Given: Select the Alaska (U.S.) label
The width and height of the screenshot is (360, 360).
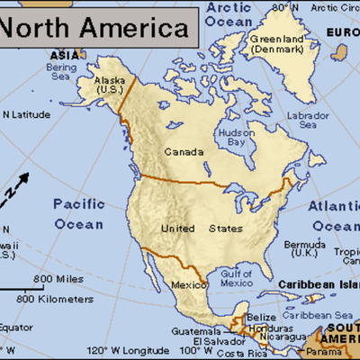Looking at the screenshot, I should coord(110,85).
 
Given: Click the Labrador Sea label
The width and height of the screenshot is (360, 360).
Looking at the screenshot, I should coord(308,121).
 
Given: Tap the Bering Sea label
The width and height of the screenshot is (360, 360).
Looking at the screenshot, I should coord(61,71).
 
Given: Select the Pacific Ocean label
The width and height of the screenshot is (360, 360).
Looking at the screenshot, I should coord(79,213).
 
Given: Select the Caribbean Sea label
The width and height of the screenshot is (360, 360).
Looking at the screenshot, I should coord(317,316).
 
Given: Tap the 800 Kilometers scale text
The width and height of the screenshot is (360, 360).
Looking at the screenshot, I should coord(54,298).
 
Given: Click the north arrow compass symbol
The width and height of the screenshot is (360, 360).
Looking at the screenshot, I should coord(15,188).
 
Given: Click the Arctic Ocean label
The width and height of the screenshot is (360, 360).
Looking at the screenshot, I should coord(229,13).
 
